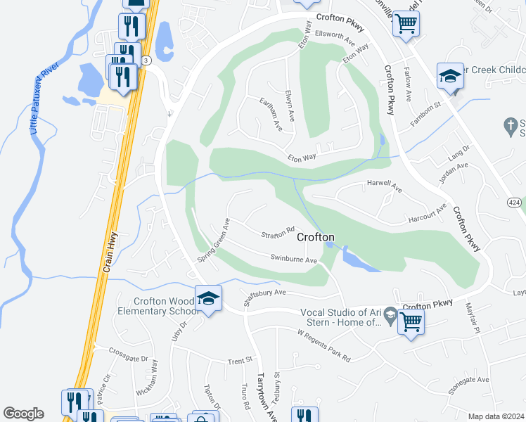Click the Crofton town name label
[x=315, y=237]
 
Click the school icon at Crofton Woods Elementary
[x=208, y=299]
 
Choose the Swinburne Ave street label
[x=295, y=259]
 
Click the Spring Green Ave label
[x=214, y=241]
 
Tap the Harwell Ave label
[x=384, y=188]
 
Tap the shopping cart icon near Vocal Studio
[x=411, y=322]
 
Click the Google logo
[x=24, y=414]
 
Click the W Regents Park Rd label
[x=323, y=345]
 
